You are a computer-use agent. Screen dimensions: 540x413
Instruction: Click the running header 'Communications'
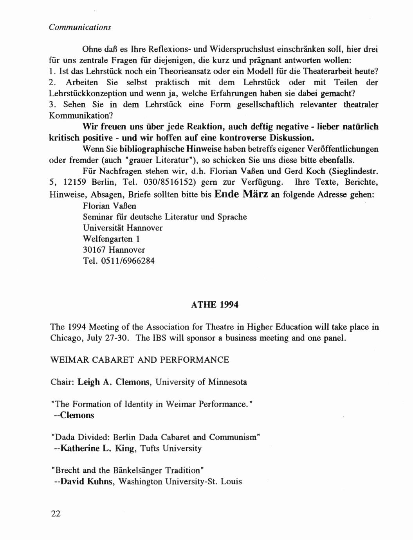point(80,27)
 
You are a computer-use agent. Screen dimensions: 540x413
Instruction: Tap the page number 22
point(56,514)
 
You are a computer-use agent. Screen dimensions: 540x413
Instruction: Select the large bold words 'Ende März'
point(242,194)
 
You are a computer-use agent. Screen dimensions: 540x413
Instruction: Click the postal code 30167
point(94,250)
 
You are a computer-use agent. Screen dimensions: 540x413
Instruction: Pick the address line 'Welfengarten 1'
point(111,239)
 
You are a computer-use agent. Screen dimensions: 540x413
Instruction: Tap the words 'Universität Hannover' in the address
point(123,228)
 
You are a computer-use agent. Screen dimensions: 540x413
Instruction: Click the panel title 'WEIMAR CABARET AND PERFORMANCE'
point(140,360)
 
